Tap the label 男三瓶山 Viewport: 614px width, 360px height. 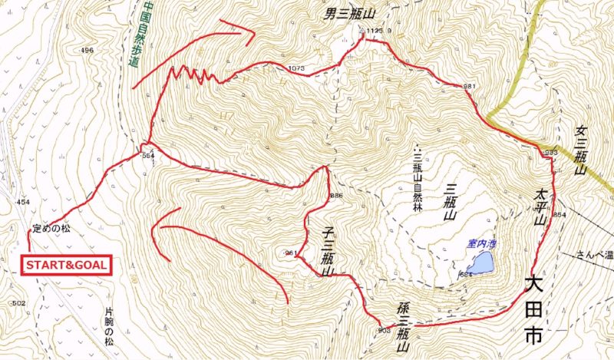[x=346, y=12]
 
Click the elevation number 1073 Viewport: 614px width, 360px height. [x=296, y=69]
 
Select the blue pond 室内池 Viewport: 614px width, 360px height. [x=481, y=264]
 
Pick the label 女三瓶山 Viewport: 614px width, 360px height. [x=580, y=150]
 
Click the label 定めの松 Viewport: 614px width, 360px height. [x=51, y=229]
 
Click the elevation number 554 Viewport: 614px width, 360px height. [x=148, y=155]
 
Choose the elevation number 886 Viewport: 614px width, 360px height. [x=335, y=196]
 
